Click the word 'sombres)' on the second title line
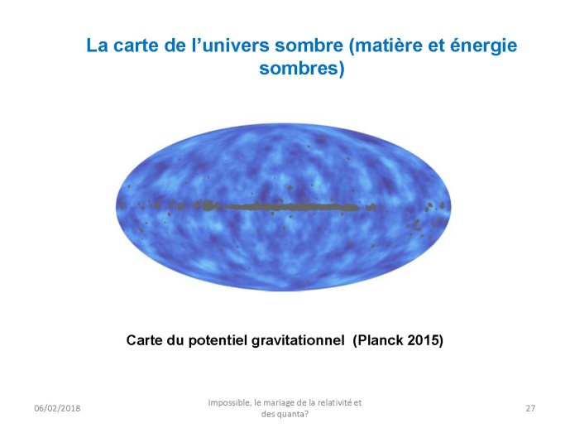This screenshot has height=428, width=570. tap(302, 68)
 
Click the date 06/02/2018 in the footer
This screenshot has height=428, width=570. tap(57, 408)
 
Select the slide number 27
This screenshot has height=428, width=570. tap(530, 408)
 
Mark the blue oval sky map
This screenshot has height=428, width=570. tap(284, 207)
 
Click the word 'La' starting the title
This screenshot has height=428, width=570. tap(97, 46)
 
